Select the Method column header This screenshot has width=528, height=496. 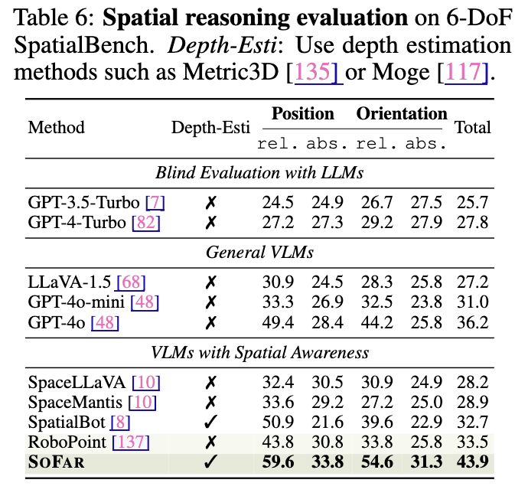56,128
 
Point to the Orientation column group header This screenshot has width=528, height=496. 402,114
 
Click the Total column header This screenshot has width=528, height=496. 473,128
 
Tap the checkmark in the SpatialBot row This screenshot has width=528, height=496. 211,422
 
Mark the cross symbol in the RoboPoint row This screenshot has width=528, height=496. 211,442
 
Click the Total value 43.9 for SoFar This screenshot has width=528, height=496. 472,462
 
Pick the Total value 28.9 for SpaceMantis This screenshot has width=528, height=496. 472,402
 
